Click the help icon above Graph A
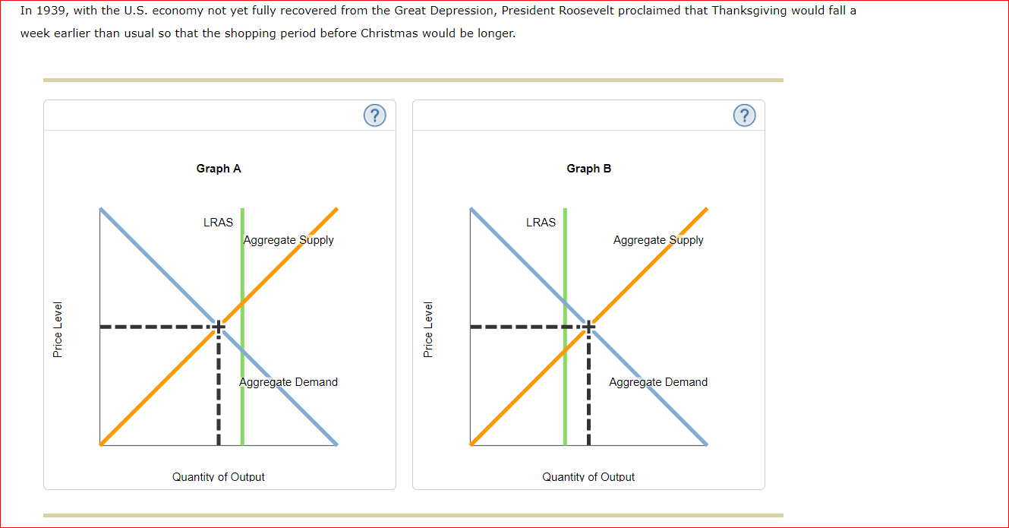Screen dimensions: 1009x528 coord(374,115)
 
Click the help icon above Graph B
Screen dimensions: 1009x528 coord(744,115)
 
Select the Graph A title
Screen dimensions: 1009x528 coord(219,169)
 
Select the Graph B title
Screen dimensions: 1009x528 coord(588,169)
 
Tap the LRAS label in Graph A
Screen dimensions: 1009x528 coord(218,223)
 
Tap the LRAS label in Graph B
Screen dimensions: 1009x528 coord(541,223)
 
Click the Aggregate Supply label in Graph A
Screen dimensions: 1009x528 coord(289,240)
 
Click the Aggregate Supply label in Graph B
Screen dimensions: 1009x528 coord(658,240)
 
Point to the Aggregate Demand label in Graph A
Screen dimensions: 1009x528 coord(289,382)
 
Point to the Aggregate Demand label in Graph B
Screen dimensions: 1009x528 coord(658,382)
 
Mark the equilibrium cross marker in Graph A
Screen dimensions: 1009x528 coord(219,327)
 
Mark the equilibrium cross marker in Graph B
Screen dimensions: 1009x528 coord(588,327)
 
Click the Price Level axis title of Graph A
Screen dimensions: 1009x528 coord(58,330)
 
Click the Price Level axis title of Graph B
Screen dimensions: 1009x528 coord(428,330)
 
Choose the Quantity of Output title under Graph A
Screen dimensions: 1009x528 coord(219,477)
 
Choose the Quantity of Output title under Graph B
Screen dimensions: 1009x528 coord(588,477)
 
